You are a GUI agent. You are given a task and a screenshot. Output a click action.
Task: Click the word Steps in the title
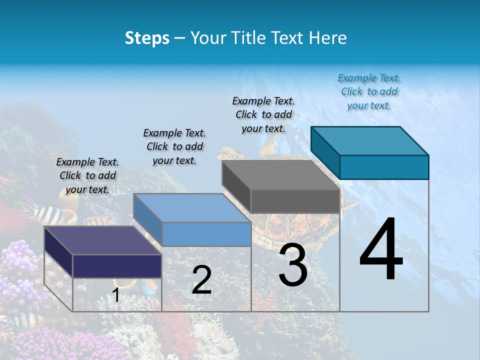(x=147, y=38)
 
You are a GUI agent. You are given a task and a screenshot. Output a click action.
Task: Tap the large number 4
(x=381, y=251)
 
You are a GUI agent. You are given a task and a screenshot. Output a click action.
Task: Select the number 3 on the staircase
(x=293, y=266)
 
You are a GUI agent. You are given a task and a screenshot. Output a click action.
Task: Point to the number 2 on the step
(x=201, y=280)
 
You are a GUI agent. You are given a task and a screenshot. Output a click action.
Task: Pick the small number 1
(x=116, y=295)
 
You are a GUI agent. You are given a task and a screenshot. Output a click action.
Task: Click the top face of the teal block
(x=369, y=140)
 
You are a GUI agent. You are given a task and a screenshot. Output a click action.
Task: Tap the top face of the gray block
(x=280, y=174)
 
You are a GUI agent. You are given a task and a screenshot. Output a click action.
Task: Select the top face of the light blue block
(x=191, y=207)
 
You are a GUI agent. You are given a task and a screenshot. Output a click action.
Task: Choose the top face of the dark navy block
(x=102, y=240)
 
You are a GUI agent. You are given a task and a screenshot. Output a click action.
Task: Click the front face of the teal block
(x=384, y=167)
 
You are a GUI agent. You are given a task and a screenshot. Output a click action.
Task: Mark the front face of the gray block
(x=295, y=201)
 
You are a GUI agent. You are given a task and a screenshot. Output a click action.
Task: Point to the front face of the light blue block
(x=206, y=234)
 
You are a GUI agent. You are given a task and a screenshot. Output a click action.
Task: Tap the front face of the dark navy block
(x=117, y=266)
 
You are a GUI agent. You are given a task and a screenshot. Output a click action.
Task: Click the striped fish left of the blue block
(x=47, y=214)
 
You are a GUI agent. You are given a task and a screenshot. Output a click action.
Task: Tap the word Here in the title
(x=327, y=38)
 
